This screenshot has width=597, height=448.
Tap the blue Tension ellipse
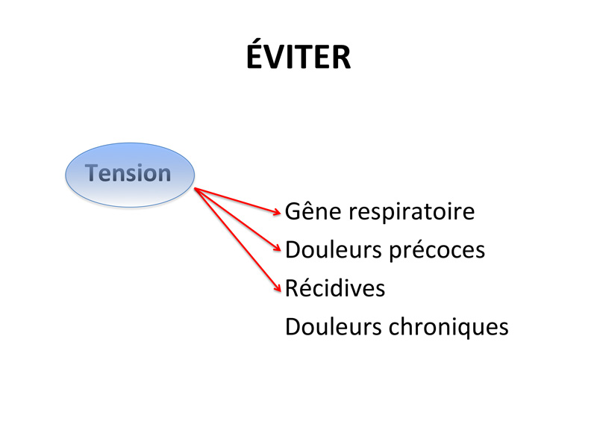[130, 175]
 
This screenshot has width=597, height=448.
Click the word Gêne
[313, 211]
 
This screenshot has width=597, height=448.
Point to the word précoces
[437, 251]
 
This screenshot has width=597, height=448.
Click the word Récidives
[335, 287]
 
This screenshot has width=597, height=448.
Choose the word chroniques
[448, 327]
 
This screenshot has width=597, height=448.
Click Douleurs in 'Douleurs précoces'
[334, 250]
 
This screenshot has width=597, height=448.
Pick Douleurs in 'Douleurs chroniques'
[334, 326]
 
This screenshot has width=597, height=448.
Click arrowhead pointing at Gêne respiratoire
[278, 212]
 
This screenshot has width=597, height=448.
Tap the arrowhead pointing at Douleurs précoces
[277, 248]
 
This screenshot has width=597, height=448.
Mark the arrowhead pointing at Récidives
[278, 288]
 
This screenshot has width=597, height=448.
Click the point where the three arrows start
[195, 188]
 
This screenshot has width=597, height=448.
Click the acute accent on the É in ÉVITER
[260, 40]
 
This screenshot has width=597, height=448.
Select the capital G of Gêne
[293, 211]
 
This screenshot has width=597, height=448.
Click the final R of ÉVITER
[341, 57]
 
